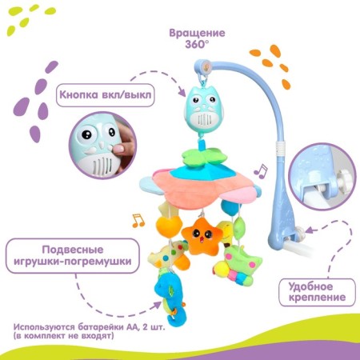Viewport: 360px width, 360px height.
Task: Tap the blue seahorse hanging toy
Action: point(167,297)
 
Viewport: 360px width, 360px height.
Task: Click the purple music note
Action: point(261,171)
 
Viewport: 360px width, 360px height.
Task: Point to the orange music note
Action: point(138,220)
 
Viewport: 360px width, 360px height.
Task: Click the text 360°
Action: point(197,44)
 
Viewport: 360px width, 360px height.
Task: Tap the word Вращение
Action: point(197,33)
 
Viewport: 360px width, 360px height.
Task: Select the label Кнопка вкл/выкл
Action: point(106,94)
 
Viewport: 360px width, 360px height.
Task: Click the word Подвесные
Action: point(73,250)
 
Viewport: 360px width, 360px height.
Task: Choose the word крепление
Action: point(317,297)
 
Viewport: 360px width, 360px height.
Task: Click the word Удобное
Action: point(310,286)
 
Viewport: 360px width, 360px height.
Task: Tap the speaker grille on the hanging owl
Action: point(204,119)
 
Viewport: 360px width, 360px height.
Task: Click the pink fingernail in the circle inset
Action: point(120,149)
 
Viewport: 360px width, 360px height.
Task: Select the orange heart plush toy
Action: point(169,226)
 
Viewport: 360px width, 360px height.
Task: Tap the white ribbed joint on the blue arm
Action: point(280,149)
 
